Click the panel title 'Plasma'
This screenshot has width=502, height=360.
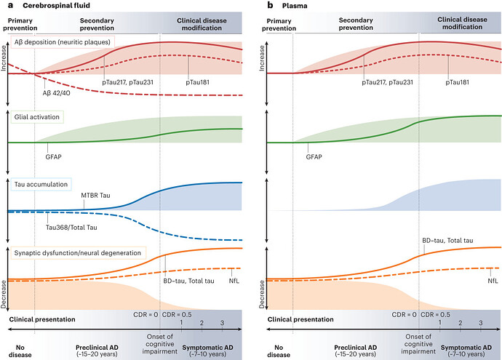point(290,6)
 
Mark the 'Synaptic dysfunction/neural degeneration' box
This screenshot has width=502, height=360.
point(76,252)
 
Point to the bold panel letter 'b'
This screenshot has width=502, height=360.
point(264,6)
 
